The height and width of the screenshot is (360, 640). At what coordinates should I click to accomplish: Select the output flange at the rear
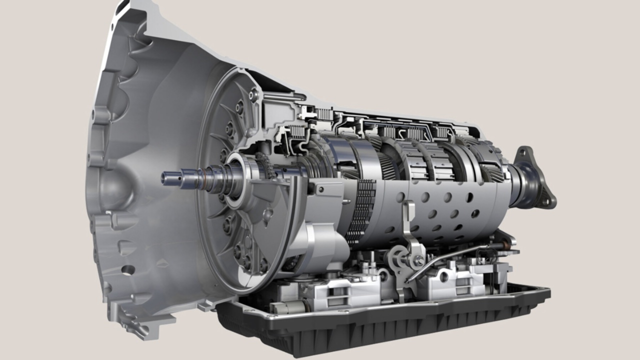[535, 177]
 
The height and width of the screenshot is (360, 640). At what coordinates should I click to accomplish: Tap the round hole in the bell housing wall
[128, 270]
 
